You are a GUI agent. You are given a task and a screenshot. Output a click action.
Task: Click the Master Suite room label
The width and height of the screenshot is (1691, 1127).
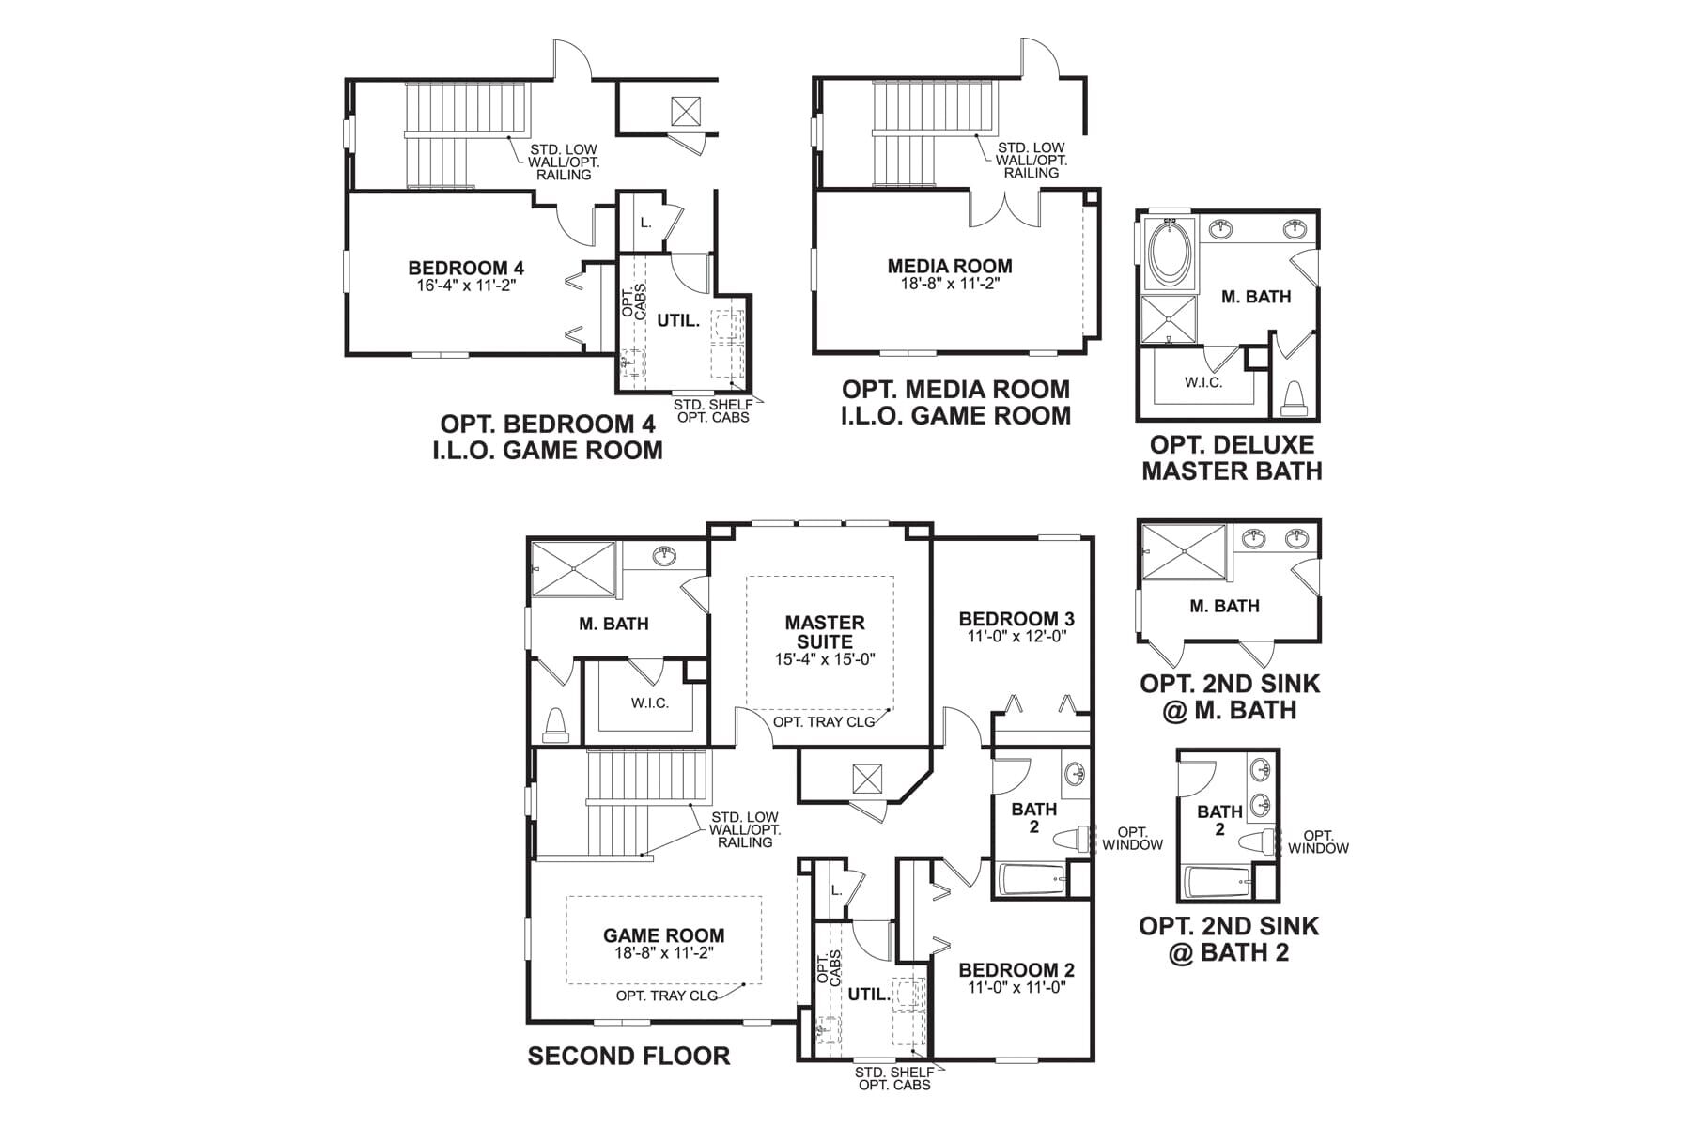(x=825, y=632)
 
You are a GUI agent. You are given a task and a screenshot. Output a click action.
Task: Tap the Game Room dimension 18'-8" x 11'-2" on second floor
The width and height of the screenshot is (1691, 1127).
(x=663, y=953)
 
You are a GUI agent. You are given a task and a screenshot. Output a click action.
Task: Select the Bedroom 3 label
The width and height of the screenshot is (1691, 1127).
(x=1016, y=619)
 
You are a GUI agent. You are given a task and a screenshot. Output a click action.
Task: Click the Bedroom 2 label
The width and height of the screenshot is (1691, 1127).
(x=1016, y=970)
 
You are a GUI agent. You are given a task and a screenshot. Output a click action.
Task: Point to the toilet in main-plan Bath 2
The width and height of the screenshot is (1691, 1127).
(x=1071, y=839)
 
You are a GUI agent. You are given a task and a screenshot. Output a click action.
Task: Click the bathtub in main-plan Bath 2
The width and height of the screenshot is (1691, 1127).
(x=1032, y=880)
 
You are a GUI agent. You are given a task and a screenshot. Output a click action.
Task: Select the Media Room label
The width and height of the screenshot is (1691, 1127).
(x=950, y=267)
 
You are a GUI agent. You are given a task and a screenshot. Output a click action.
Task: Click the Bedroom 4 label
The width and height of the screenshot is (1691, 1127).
(x=466, y=269)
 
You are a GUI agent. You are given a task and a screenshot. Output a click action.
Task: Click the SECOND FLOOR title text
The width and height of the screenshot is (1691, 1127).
(x=628, y=1056)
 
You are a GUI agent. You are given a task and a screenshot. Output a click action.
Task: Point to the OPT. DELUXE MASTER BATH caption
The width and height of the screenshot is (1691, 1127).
(x=1232, y=457)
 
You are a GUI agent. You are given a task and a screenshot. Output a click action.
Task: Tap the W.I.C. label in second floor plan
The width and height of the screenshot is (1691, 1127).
(x=650, y=702)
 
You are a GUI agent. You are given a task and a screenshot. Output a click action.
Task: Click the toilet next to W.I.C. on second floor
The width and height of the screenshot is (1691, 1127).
(x=556, y=725)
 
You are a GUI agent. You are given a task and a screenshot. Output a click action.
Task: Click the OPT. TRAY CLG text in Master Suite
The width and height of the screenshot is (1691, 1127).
(x=824, y=721)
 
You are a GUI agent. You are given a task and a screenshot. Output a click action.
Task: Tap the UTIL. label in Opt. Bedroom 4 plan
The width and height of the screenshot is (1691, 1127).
(x=678, y=320)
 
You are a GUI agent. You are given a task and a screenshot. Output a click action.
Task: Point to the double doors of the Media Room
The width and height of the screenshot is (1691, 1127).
(x=1005, y=208)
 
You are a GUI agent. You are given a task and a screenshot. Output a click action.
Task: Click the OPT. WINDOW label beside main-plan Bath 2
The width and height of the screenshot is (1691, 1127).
(x=1132, y=839)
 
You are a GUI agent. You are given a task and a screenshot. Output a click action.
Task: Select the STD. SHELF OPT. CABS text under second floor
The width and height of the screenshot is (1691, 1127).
(x=894, y=1078)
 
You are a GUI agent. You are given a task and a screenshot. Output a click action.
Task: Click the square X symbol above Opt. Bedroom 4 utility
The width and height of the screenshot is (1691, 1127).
(x=686, y=112)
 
